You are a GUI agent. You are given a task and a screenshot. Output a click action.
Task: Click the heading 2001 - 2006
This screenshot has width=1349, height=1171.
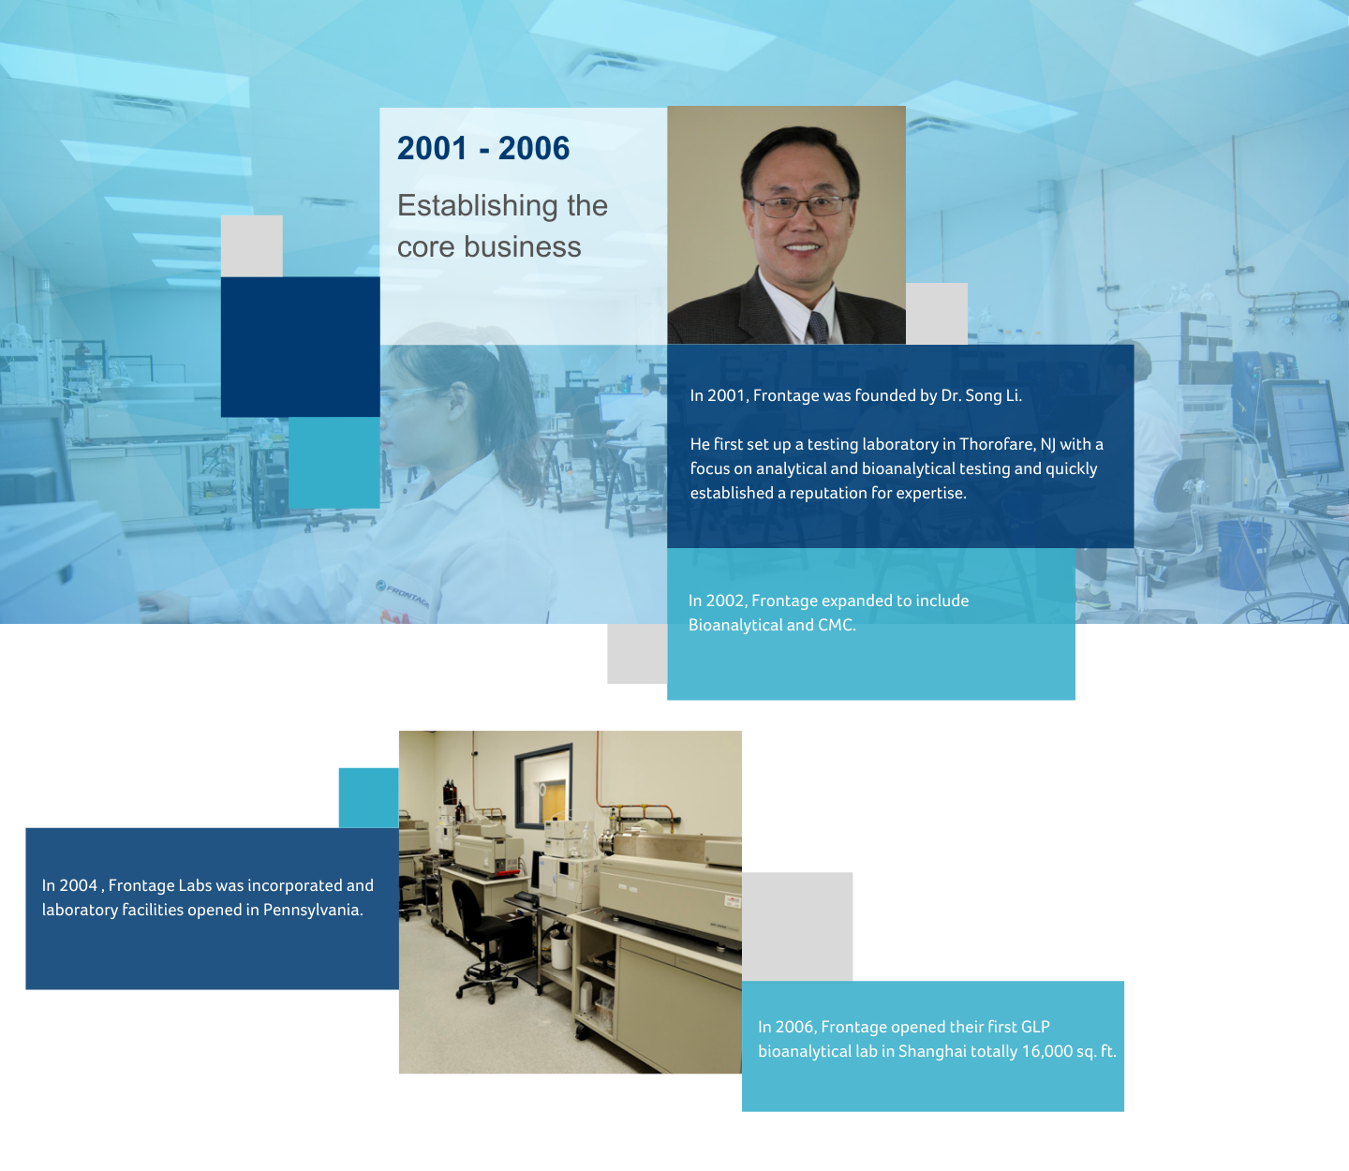[482, 148]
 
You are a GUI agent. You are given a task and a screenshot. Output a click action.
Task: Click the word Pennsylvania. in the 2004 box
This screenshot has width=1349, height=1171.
[313, 911]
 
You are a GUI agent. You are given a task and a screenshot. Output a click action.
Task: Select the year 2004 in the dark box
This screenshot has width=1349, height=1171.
[79, 885]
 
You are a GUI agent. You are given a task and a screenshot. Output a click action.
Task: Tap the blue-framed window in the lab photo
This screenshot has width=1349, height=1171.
[543, 785]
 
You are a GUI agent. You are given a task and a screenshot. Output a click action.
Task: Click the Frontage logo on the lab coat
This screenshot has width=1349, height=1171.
[402, 594]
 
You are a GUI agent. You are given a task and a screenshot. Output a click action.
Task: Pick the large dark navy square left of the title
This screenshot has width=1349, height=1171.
[300, 347]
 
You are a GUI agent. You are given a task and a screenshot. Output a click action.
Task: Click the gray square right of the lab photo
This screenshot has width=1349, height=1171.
[797, 926]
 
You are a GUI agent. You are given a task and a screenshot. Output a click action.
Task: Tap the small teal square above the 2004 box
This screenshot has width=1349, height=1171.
[368, 798]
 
